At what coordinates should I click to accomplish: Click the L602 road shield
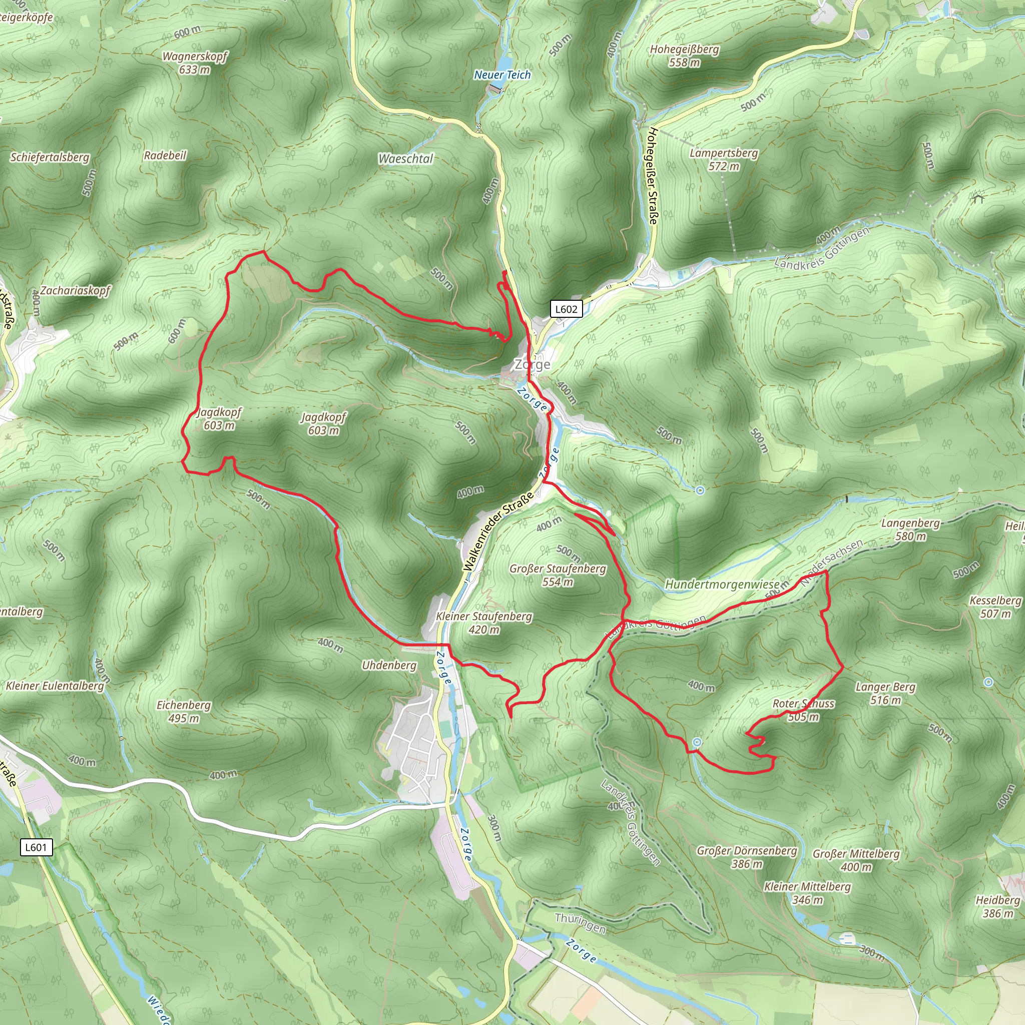coord(566,309)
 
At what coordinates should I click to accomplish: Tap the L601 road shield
coord(36,847)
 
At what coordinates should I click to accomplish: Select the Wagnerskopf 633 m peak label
coord(195,63)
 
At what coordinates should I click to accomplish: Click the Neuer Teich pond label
coord(502,75)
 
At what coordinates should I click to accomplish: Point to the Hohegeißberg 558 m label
coord(684,56)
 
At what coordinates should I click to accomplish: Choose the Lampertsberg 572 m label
coord(724,159)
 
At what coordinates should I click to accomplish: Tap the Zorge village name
coord(532,364)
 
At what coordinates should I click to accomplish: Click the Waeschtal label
coord(406,159)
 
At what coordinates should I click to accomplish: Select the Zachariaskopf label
coord(76,290)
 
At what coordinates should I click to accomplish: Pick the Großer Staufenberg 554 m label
coord(558,575)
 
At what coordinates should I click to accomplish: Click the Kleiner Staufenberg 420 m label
coord(484,623)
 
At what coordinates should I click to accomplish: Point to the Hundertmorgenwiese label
coord(722,585)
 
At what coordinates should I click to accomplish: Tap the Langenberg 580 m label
coord(910,530)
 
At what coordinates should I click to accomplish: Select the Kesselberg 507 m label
coord(995,607)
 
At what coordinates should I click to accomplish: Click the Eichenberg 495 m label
coord(184,712)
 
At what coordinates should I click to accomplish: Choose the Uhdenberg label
coord(389,665)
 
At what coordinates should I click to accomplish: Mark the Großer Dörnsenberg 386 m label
coord(746,857)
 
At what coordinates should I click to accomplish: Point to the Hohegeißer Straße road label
coord(652,176)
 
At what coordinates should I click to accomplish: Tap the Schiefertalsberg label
coord(50,157)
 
